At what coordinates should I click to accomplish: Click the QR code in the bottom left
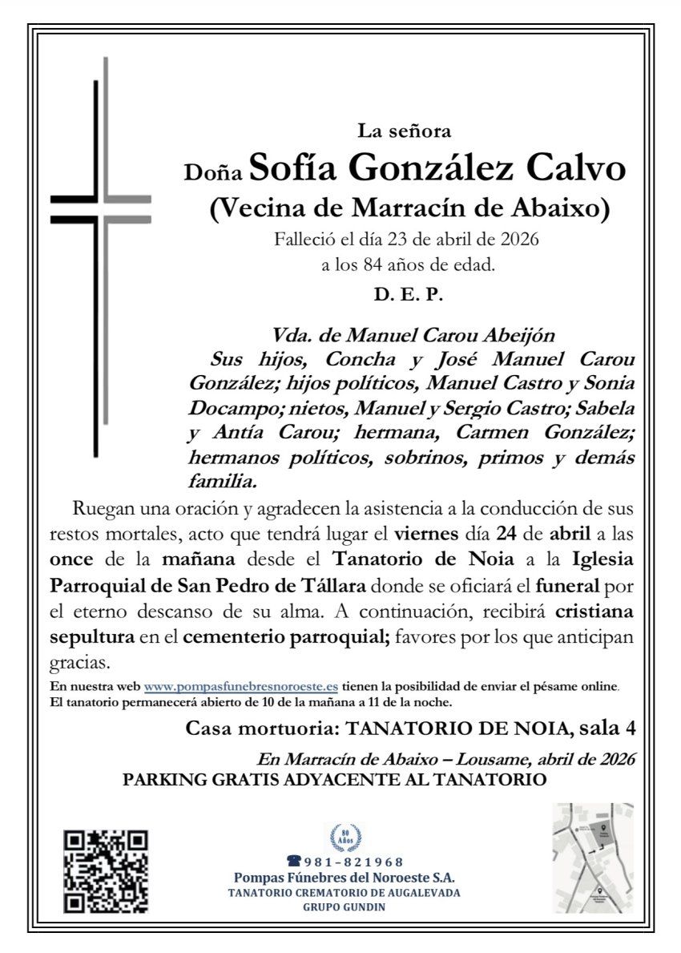[x=106, y=872]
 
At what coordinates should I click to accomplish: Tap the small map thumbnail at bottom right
[x=593, y=858]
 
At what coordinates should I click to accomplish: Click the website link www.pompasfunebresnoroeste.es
[x=240, y=687]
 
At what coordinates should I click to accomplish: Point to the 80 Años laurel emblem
[x=345, y=838]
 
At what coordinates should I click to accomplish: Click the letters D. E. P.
[x=408, y=294]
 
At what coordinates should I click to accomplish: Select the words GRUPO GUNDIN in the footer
[x=344, y=907]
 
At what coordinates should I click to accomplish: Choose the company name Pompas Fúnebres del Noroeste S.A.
[x=344, y=878]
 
